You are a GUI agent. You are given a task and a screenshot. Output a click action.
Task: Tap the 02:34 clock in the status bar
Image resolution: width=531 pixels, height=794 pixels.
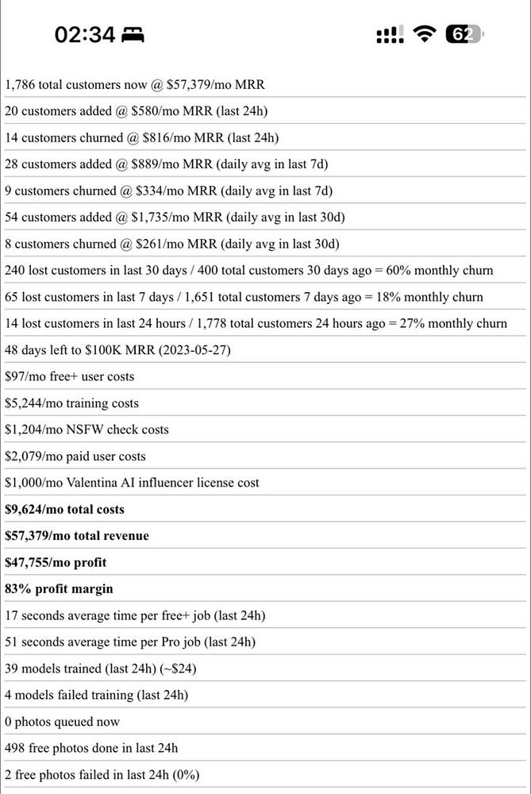pyautogui.click(x=85, y=34)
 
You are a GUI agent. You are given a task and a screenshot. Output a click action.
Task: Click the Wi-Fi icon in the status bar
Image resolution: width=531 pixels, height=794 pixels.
pyautogui.click(x=425, y=33)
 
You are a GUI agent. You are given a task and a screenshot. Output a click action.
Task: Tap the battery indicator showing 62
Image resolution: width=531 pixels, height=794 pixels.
pyautogui.click(x=463, y=33)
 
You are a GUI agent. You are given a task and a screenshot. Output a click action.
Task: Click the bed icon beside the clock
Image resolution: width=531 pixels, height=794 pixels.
pyautogui.click(x=133, y=34)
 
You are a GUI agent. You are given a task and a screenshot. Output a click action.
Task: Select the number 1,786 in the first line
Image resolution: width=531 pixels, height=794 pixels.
pyautogui.click(x=20, y=84)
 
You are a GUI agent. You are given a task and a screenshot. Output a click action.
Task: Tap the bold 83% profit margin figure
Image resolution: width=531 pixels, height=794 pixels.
pyautogui.click(x=17, y=589)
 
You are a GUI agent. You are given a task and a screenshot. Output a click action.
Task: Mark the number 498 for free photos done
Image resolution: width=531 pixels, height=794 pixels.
pyautogui.click(x=15, y=748)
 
